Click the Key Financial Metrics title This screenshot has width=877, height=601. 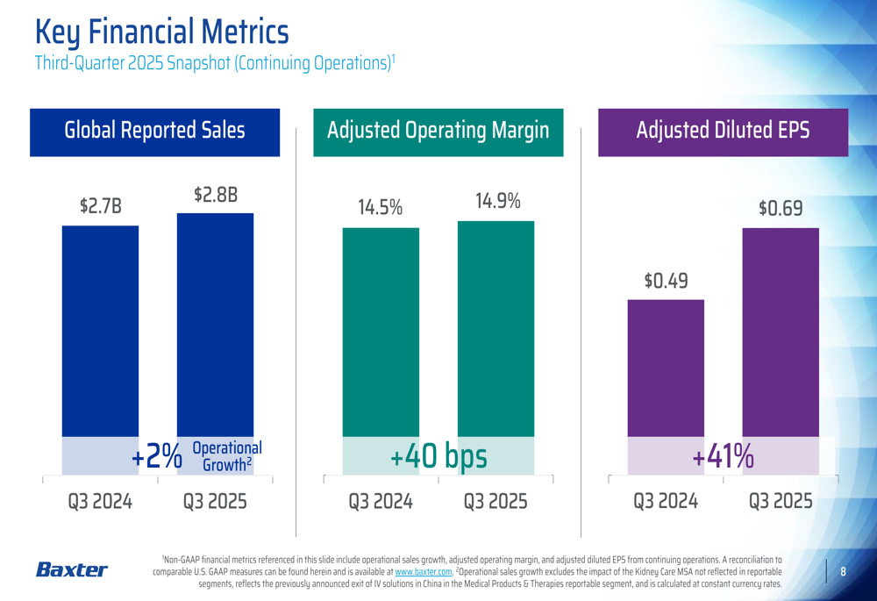(161, 32)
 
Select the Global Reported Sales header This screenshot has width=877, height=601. (154, 131)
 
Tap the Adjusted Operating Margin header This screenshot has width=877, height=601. (438, 131)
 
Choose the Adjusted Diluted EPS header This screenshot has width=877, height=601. (723, 131)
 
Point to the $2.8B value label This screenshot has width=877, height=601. (215, 195)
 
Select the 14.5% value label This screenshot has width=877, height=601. (380, 208)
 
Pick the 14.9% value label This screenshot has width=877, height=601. (496, 201)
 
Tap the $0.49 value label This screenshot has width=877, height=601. (666, 281)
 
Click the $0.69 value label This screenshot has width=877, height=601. (781, 209)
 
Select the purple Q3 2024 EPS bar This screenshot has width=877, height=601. (666, 368)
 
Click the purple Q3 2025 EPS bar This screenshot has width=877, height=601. (781, 333)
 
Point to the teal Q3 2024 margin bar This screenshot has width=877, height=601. (381, 333)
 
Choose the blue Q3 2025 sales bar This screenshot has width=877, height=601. (215, 325)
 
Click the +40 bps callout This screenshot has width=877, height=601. (438, 457)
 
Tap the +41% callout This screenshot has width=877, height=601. (723, 457)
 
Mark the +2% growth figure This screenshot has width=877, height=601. (157, 457)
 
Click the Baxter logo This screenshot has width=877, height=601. (71, 570)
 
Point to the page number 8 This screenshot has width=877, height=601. (843, 572)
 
